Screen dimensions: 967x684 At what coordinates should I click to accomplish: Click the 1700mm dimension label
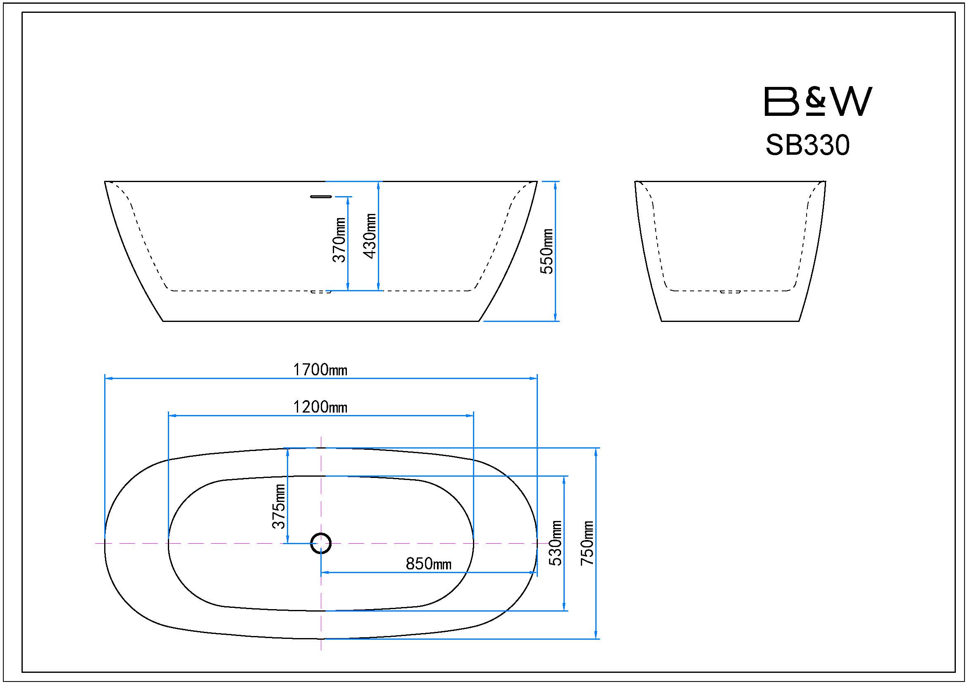click(x=320, y=370)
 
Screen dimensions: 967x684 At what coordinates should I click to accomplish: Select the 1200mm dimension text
click(x=320, y=407)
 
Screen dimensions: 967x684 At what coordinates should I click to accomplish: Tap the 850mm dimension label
click(x=428, y=564)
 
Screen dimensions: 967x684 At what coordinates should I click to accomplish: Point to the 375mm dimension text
click(x=279, y=506)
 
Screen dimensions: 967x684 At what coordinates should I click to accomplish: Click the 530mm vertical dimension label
click(x=556, y=543)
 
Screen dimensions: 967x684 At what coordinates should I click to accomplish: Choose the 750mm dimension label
click(x=587, y=543)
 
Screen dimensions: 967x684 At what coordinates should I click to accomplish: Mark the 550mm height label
click(x=547, y=251)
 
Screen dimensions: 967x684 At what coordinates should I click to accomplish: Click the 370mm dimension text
click(x=339, y=240)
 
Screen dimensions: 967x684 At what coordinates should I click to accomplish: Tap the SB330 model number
click(x=807, y=145)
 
